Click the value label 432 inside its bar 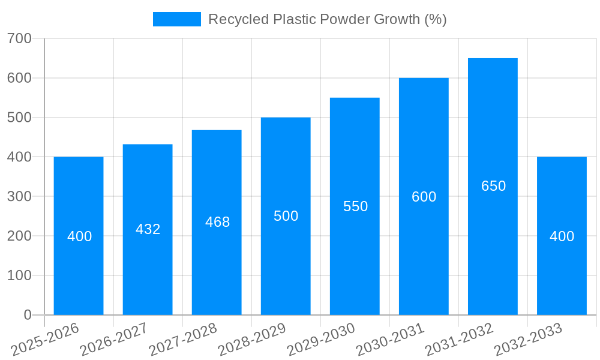pos(148,229)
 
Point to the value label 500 pos(286,216)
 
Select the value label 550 pos(355,206)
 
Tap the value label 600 pos(424,197)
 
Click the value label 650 pos(493,186)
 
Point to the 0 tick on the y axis pos(28,315)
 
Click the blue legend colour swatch pos(177,19)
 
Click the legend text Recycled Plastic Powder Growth pos(327,19)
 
